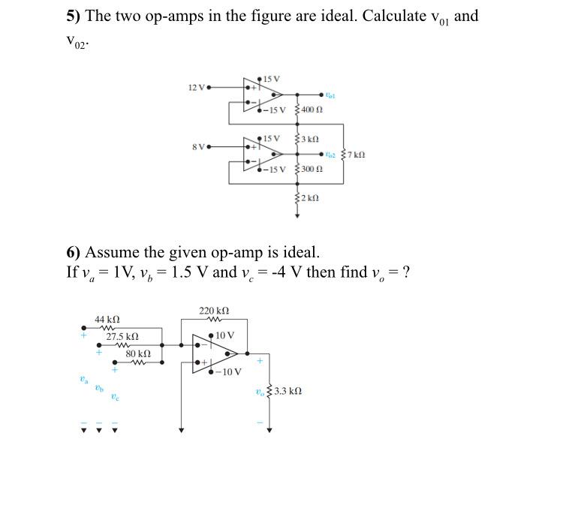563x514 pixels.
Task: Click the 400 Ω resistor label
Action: (313, 110)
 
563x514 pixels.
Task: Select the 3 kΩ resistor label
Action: (311, 140)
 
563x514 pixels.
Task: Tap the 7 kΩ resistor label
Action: (356, 155)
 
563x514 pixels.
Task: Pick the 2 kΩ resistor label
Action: (311, 198)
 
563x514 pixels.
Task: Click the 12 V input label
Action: (196, 88)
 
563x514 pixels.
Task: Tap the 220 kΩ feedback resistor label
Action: (214, 311)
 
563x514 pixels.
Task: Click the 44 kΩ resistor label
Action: (107, 320)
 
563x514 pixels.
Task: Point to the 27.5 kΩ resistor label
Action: (122, 337)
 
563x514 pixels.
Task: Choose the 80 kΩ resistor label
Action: (138, 353)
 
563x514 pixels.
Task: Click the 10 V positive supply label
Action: (225, 335)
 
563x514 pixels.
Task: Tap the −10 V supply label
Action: (228, 371)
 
